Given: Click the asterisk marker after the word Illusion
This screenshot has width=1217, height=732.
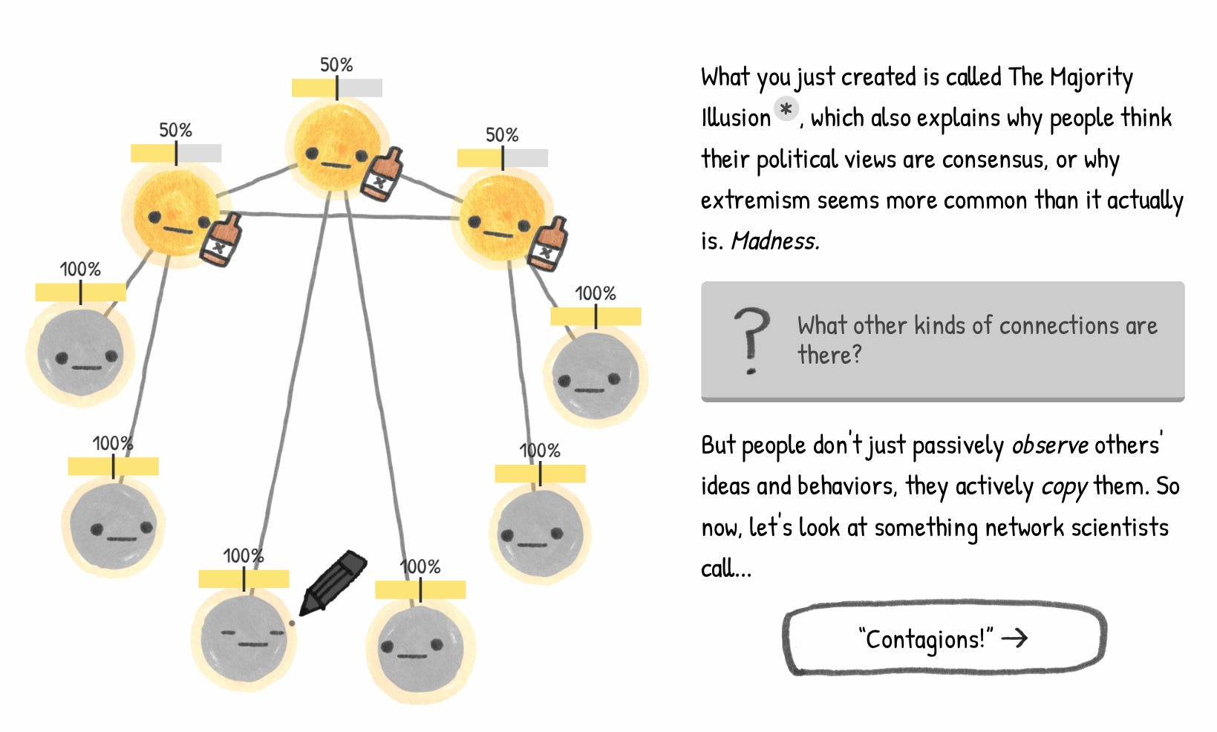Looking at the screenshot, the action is click(786, 110).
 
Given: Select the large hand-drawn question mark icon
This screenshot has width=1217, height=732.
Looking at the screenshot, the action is click(751, 340).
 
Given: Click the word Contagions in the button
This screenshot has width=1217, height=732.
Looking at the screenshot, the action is click(925, 638).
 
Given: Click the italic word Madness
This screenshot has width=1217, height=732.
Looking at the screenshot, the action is click(775, 241).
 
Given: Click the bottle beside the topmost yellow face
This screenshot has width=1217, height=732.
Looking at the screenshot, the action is click(382, 174).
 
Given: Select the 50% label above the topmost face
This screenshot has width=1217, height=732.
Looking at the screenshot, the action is click(336, 65).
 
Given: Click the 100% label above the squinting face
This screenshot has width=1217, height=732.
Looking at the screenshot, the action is click(243, 556).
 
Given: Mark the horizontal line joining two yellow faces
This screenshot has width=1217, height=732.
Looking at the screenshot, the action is click(342, 216).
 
